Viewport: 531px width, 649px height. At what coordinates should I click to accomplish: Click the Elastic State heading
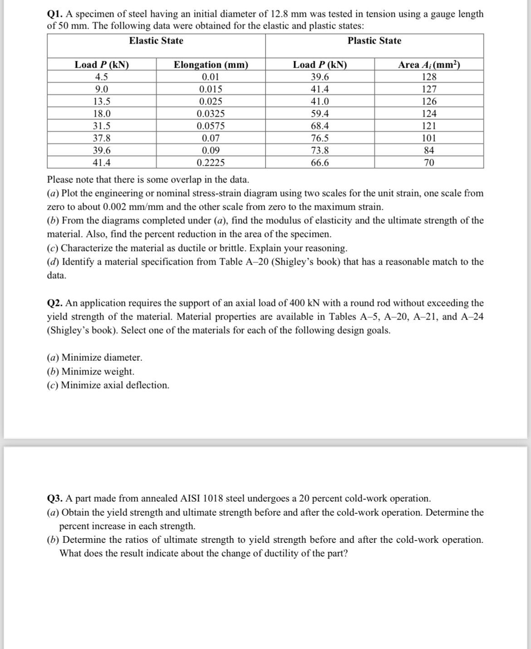click(156, 41)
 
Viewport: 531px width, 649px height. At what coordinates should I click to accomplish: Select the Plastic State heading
click(374, 41)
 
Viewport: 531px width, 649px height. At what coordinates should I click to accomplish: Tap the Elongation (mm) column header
click(211, 65)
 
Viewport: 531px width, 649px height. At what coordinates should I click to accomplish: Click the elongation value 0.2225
click(211, 162)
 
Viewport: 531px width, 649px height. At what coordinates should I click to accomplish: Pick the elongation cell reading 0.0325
click(211, 113)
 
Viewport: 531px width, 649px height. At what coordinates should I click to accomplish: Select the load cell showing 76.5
click(320, 138)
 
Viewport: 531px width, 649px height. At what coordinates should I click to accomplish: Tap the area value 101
click(429, 138)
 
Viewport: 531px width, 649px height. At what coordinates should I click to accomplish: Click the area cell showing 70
click(429, 162)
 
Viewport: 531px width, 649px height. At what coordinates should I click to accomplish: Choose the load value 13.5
click(102, 101)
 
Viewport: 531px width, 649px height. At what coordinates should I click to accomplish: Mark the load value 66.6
click(320, 162)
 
